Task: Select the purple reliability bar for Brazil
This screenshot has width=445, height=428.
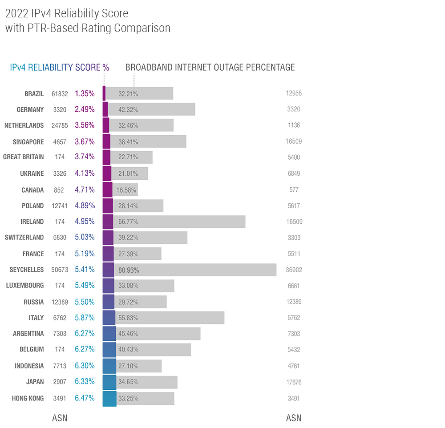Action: point(104,93)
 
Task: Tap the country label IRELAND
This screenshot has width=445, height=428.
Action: point(32,222)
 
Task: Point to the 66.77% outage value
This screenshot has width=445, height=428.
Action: point(128,222)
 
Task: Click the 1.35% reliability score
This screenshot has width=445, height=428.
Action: point(85,93)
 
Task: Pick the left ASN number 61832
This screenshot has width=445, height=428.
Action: point(60,94)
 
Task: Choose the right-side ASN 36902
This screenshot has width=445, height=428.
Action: point(294,270)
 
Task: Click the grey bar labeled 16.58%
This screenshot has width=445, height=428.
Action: point(125,190)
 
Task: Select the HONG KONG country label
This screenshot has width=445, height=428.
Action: point(28,398)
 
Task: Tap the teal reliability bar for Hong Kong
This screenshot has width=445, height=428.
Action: point(109,398)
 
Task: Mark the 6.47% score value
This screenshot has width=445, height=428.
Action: point(85,398)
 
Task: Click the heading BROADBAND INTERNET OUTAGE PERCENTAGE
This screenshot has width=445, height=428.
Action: point(210,68)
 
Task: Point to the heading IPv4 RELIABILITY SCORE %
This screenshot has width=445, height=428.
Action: point(60,68)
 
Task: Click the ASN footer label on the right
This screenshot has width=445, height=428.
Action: point(293,418)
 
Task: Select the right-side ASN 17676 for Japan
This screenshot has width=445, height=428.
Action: point(294,382)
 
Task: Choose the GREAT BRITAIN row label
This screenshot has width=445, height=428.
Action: point(24,157)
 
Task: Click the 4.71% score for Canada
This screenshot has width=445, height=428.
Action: point(85,190)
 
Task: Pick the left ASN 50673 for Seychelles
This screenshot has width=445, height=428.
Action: point(60,270)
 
